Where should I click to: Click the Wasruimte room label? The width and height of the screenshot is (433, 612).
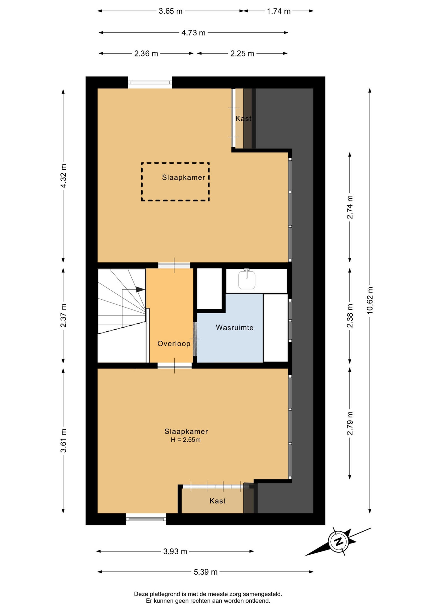pos(234,327)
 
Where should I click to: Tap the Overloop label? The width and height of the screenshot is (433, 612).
pos(174,343)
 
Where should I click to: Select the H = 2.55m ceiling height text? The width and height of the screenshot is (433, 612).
pos(186,440)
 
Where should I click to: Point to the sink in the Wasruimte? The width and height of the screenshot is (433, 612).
pos(247,279)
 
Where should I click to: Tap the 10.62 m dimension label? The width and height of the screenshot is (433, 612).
pos(370,301)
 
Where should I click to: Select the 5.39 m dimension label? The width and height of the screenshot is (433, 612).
pos(206,572)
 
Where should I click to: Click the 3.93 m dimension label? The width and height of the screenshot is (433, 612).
pos(175,551)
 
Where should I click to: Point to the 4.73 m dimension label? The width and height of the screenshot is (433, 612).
pos(194,33)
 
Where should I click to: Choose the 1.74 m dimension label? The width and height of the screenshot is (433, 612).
pos(279,11)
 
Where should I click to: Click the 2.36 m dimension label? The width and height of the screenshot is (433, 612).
pos(146,54)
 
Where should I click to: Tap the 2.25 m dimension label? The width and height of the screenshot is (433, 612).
pos(242,54)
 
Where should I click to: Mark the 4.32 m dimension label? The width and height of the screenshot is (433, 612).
pos(63,176)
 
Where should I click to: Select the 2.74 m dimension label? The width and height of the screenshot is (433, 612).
pos(350,207)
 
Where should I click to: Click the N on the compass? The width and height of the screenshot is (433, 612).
pos(339,541)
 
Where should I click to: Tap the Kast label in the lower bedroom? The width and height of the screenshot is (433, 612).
pos(217,501)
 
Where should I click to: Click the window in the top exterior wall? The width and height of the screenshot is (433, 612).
pos(150,83)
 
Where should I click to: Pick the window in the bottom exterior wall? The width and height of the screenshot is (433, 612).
pos(146,519)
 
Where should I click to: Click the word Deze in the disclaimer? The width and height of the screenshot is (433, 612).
pos(141,594)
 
